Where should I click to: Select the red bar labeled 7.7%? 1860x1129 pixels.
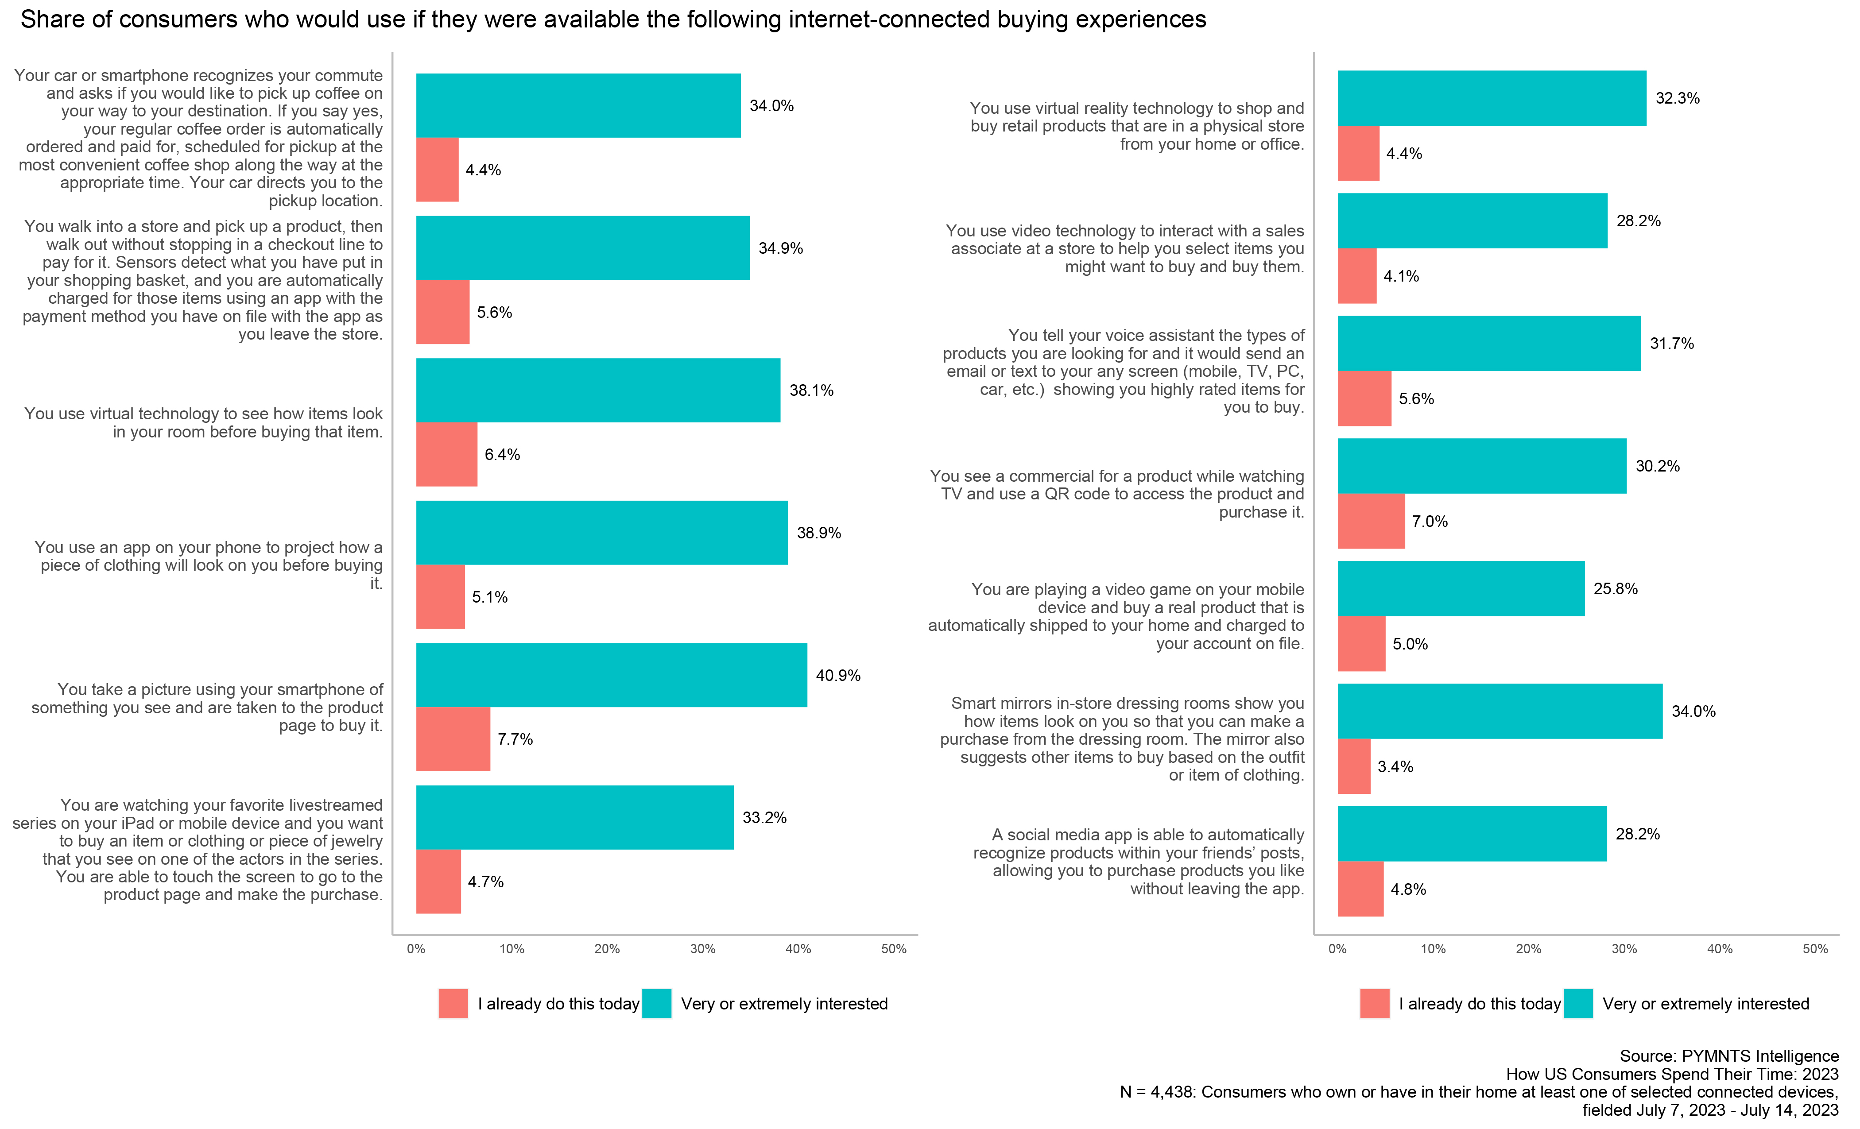coord(453,739)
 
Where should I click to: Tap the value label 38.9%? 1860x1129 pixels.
coord(818,533)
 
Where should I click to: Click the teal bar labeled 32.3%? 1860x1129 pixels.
coord(1492,98)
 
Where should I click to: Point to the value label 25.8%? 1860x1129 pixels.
coord(1616,589)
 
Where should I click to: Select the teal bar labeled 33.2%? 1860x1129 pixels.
coord(574,817)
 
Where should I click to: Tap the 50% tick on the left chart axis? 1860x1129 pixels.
coord(894,949)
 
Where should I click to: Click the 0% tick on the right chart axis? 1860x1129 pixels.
coord(1337,949)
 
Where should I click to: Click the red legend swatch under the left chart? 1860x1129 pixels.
coord(453,1004)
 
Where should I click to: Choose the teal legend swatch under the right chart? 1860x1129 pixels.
coord(1577,1004)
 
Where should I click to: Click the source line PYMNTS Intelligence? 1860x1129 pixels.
coord(1728,1056)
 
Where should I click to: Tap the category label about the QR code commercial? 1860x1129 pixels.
coord(1117,494)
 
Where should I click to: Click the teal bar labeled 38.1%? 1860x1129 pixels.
coord(598,390)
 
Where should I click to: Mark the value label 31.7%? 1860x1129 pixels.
coord(1671,344)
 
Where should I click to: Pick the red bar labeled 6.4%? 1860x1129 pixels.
coord(446,454)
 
